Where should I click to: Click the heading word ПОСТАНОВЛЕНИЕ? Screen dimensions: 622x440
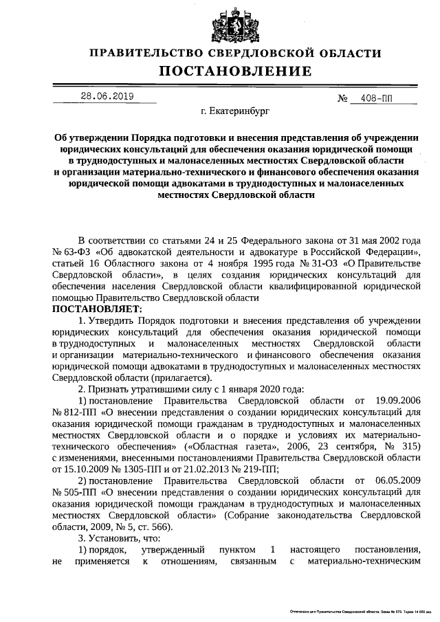click(236, 71)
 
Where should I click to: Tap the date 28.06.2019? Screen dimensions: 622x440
click(107, 96)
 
